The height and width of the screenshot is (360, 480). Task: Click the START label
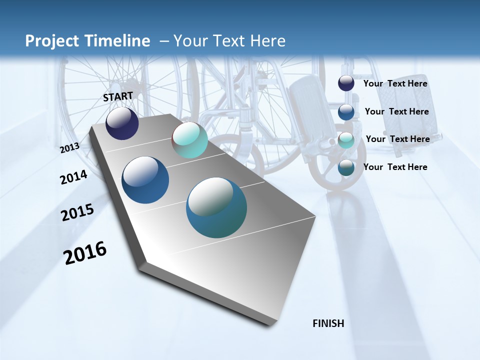[x=118, y=96]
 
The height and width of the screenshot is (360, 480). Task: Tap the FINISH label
[x=328, y=323]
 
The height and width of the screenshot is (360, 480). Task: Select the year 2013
[x=70, y=148]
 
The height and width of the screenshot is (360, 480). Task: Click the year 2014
[x=74, y=177]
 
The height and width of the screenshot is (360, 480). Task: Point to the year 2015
[x=77, y=212]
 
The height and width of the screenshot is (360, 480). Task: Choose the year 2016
[x=85, y=253]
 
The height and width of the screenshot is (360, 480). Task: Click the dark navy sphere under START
[x=122, y=123]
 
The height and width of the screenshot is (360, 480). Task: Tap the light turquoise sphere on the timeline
[x=189, y=140]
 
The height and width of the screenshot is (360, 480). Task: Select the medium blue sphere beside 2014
[x=145, y=180]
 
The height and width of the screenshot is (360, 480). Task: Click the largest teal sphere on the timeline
[x=216, y=207]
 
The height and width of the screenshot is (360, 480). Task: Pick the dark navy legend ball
[x=346, y=83]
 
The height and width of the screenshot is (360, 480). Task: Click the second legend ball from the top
[x=346, y=111]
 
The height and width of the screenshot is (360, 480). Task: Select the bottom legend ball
[x=346, y=167]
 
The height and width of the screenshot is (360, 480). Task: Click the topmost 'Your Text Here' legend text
[x=395, y=83]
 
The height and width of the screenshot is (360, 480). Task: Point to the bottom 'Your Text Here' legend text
[x=395, y=167]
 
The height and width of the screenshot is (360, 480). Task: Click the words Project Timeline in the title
[x=87, y=41]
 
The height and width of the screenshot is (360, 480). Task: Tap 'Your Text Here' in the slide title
[x=229, y=41]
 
